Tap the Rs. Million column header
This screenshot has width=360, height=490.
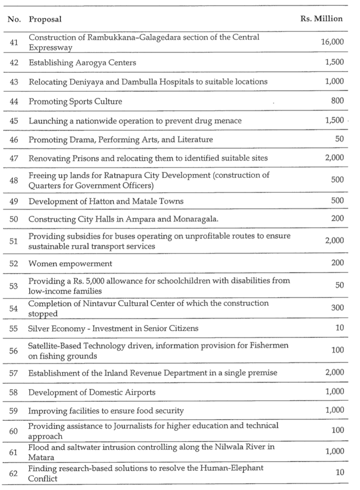[321, 19]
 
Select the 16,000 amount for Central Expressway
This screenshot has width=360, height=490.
[332, 42]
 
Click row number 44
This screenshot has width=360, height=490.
[14, 101]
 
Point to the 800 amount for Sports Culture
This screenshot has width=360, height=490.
[337, 101]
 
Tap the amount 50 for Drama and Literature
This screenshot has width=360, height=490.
[339, 139]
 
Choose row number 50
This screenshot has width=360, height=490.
[14, 220]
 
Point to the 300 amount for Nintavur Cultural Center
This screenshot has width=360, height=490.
[337, 308]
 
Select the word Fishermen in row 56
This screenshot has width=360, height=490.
[272, 346]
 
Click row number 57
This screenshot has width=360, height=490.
[14, 373]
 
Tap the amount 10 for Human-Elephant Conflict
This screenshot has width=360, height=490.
[339, 473]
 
